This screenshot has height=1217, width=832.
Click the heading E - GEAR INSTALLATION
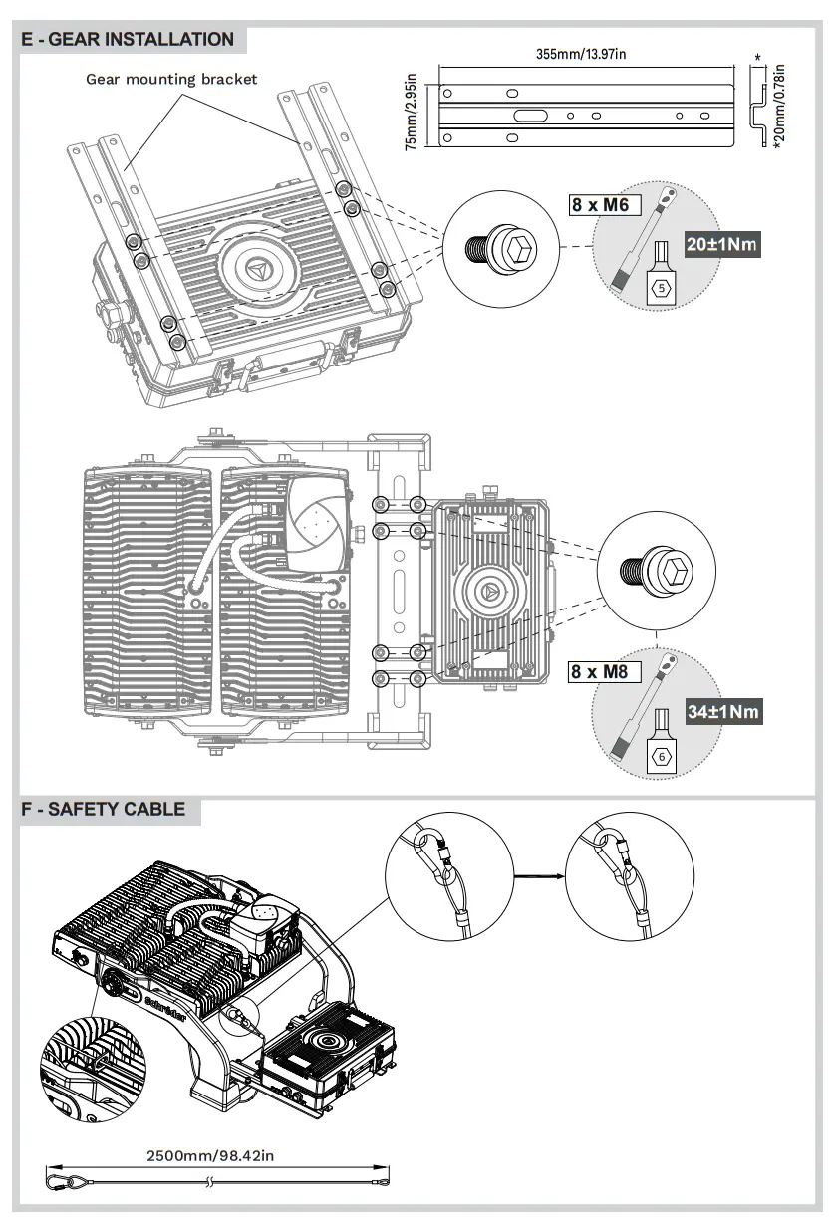tap(127, 40)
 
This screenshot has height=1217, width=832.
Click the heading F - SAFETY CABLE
tap(104, 808)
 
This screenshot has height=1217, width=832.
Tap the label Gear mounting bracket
tap(171, 79)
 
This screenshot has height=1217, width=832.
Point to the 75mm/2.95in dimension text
tap(412, 111)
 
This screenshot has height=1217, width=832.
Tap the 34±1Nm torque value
tap(723, 711)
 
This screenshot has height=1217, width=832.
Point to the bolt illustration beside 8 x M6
tap(494, 245)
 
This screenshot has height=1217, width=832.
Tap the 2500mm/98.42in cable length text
tap(210, 1156)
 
